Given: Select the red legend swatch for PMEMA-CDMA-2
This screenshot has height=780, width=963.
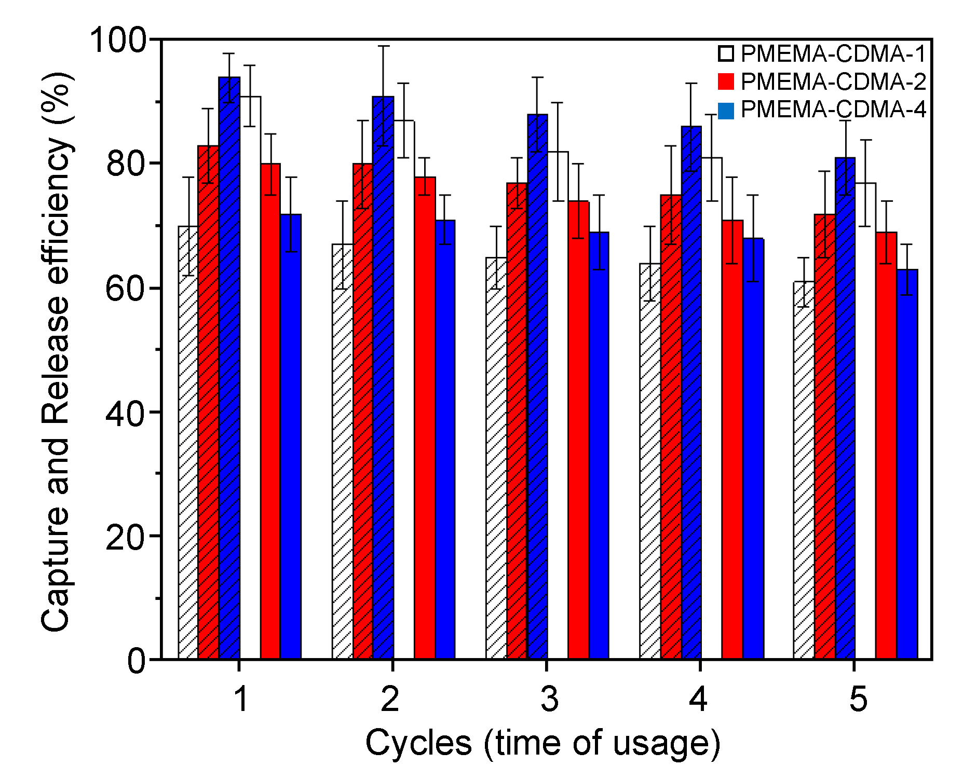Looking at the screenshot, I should (726, 82).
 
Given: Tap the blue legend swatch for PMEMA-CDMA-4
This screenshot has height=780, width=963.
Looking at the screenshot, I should (726, 111).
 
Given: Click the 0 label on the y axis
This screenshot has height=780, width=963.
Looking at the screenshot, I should (137, 661).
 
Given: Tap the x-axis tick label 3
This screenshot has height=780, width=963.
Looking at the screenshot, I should (549, 699).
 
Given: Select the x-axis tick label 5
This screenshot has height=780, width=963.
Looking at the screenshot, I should (858, 699).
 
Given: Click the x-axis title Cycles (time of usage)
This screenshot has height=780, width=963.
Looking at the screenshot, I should (542, 743).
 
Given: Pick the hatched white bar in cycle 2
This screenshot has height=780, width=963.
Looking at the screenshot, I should (342, 451).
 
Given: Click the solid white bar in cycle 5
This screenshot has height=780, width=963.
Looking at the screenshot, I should (865, 420).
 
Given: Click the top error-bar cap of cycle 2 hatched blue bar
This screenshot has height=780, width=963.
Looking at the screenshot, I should (383, 46).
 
